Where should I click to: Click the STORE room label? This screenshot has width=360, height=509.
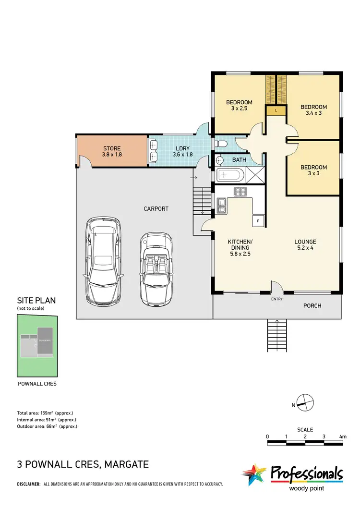111,151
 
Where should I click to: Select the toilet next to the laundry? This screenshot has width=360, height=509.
221,144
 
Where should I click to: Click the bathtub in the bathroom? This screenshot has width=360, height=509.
231,175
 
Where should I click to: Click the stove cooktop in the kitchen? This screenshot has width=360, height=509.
240,192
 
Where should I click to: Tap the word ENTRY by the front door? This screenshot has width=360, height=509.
277,299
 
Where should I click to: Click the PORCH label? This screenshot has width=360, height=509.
312,306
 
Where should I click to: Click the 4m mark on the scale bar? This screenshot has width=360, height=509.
342,436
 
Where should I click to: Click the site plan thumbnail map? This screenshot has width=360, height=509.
37,346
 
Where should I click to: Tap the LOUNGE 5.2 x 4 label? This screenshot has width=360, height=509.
305,245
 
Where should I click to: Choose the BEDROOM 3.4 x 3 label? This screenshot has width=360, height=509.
313,110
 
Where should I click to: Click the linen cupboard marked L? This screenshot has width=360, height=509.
276,110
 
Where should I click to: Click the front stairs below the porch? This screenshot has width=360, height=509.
277,336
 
